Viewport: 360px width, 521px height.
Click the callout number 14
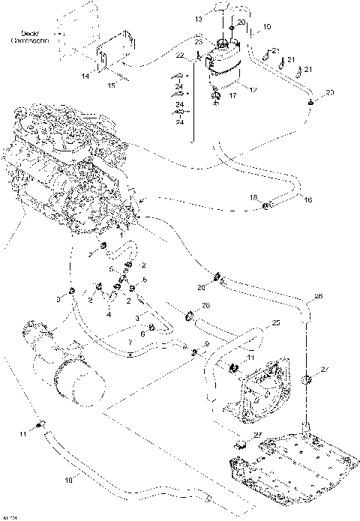tap(84, 77)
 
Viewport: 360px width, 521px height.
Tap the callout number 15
tap(113, 85)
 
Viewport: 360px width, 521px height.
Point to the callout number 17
tap(233, 96)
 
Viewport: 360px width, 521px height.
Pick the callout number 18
tap(253, 197)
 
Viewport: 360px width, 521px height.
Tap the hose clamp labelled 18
tap(266, 203)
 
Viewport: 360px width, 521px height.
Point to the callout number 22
tap(179, 56)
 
